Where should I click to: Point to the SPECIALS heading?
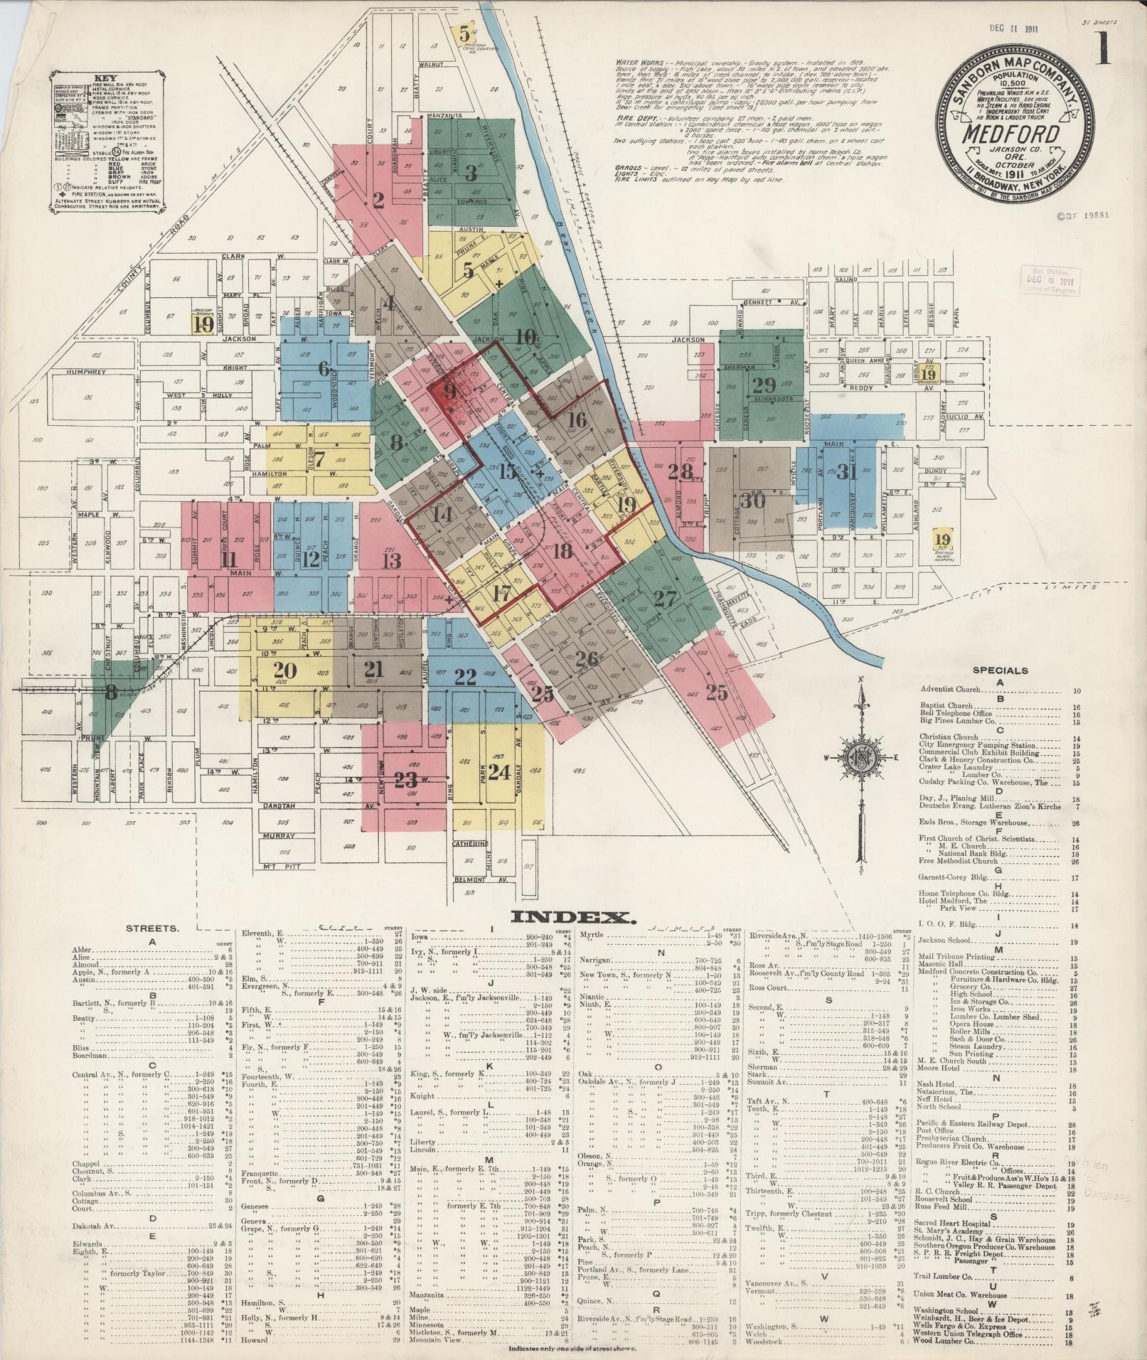[1000, 670]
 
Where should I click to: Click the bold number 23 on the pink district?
[406, 780]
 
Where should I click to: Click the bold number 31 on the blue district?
[846, 471]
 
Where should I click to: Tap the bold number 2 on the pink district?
[378, 201]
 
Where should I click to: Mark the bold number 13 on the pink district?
[390, 561]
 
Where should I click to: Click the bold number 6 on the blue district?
[324, 368]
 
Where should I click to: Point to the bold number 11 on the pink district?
[228, 559]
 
